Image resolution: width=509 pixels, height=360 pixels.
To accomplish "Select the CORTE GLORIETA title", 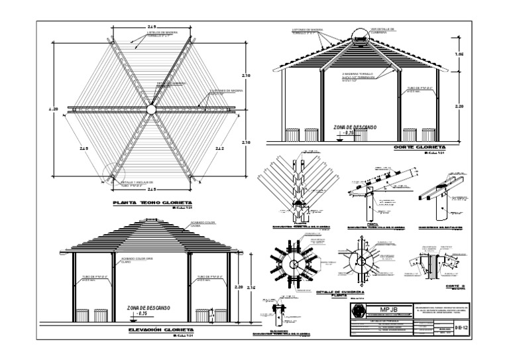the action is pyautogui.click(x=419, y=147).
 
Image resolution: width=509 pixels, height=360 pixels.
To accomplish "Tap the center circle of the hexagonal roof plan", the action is pyautogui.click(x=151, y=108).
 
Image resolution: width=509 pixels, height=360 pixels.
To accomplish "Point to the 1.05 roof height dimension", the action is pyautogui.click(x=458, y=56).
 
